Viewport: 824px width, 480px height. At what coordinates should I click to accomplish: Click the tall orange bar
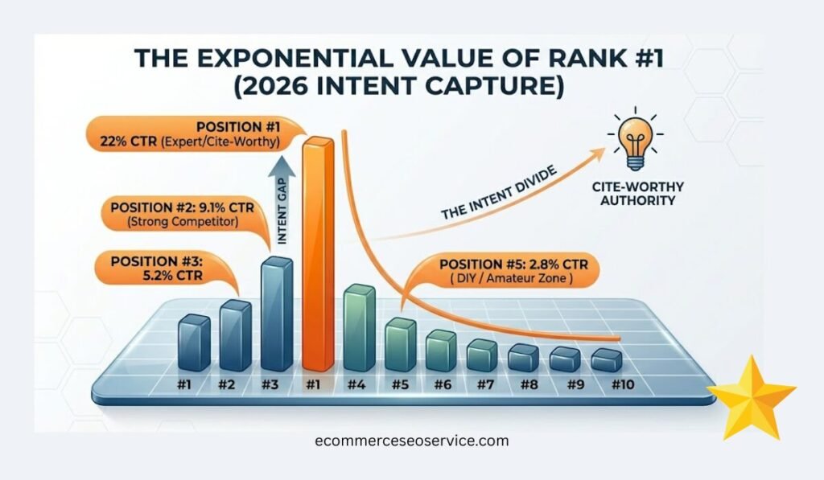315,253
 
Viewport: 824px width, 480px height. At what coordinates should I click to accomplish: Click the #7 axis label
484,385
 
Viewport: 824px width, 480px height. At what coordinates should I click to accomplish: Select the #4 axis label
356,385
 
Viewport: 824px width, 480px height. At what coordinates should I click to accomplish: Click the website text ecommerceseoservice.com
412,441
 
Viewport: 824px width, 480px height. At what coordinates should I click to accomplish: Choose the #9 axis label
573,385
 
